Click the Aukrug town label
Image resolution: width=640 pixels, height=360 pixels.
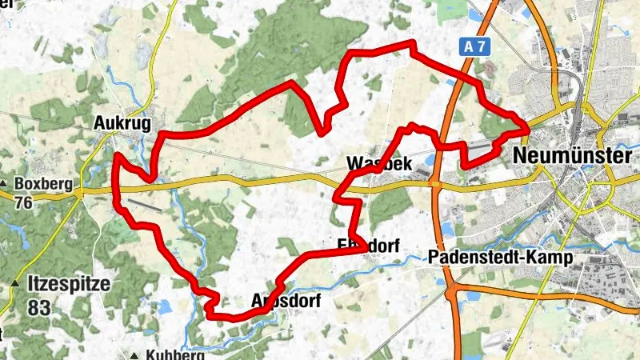coord(122,123)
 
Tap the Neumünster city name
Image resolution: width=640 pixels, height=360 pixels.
coord(573,155)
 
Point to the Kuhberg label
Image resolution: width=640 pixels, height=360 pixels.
coord(176,355)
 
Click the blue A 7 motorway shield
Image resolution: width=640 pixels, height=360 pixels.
coord(474,48)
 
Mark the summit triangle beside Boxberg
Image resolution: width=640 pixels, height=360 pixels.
coord(5,184)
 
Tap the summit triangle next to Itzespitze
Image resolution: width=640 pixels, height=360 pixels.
coord(15,285)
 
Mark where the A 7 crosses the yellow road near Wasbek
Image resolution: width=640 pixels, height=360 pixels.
coord(436,185)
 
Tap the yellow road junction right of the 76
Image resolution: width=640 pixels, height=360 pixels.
coord(79,192)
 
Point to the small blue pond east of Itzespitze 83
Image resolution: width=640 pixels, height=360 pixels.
coord(166,306)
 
